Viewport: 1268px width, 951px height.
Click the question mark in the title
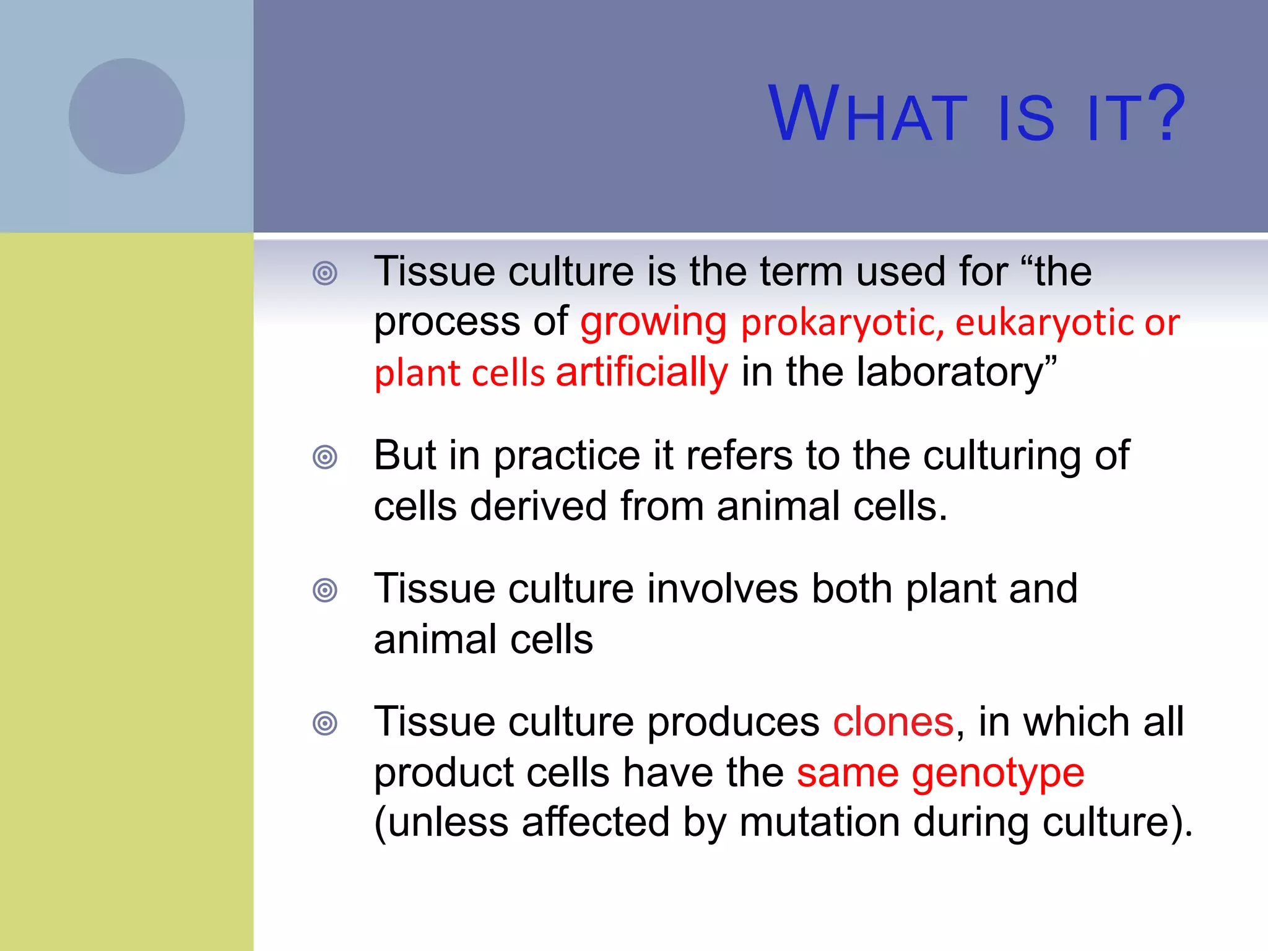click(x=1164, y=115)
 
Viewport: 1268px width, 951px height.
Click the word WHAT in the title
click(x=867, y=115)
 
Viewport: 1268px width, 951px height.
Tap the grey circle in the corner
click(x=126, y=116)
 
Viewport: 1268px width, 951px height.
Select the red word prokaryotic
click(x=842, y=323)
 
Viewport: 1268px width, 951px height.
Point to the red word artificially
click(x=641, y=373)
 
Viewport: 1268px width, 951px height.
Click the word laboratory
click(x=950, y=373)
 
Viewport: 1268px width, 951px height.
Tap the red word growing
click(x=653, y=323)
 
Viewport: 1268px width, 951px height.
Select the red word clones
click(x=893, y=723)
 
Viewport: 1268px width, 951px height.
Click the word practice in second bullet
click(x=566, y=457)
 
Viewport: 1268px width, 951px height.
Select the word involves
click(x=723, y=589)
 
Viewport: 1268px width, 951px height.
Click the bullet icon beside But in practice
click(x=325, y=458)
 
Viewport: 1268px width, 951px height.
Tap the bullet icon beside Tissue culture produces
click(x=325, y=723)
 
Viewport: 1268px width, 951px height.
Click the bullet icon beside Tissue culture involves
click(x=325, y=590)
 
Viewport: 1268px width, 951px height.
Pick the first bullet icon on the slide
click(x=325, y=273)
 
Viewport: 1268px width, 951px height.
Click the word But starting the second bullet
click(x=405, y=456)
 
